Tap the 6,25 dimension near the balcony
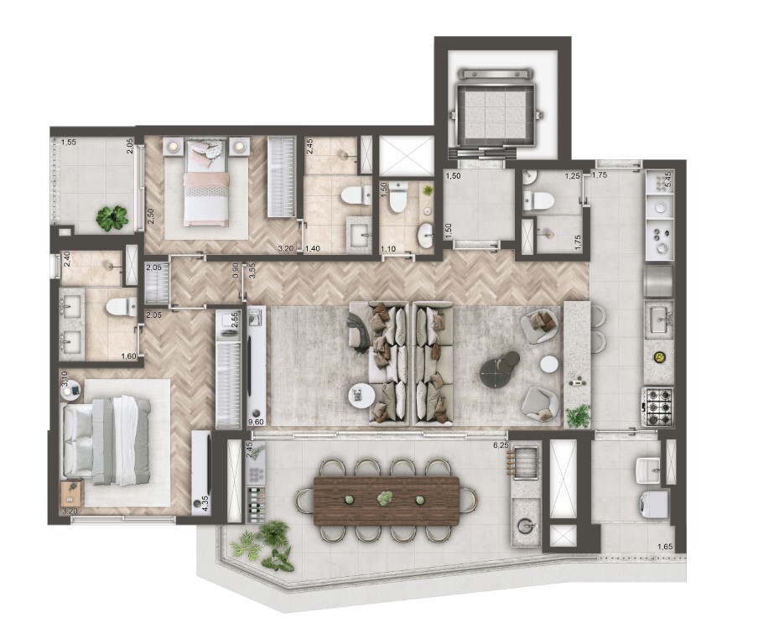click(501, 445)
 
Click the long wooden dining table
click(387, 501)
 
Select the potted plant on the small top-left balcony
click(112, 218)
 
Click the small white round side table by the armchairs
click(549, 365)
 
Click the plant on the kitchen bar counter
click(578, 415)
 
